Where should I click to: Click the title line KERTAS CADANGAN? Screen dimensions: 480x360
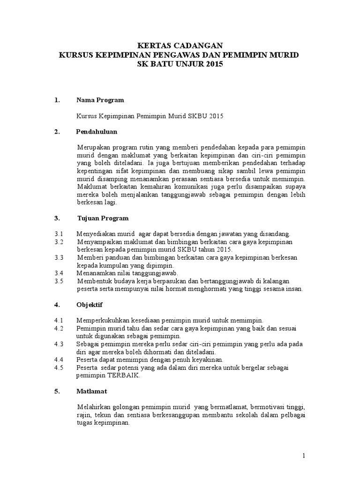point(180,45)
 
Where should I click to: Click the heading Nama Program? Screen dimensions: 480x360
point(100,100)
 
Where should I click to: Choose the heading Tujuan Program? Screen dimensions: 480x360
point(103,218)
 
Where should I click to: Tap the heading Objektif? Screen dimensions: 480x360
point(90,304)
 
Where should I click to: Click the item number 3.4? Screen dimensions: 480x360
point(59,273)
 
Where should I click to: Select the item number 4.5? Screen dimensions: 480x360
point(59,367)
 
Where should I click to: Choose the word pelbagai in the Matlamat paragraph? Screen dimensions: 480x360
point(293,414)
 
